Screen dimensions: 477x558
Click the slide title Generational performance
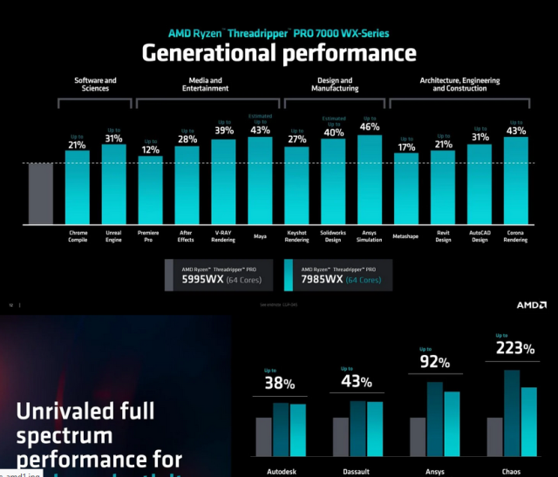[279, 53]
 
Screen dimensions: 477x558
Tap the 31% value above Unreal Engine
[113, 138]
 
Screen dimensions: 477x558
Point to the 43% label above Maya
[260, 130]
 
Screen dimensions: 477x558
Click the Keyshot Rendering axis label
[297, 236]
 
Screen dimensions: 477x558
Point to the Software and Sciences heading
[95, 85]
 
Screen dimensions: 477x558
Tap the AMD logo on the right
[531, 305]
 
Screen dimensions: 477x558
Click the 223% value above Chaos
[514, 349]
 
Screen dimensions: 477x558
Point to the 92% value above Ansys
[433, 362]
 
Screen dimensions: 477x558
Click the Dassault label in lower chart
[356, 471]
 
